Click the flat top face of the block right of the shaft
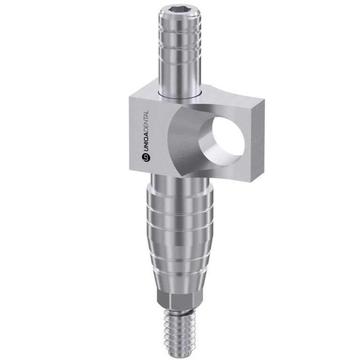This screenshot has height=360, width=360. tap(225, 96)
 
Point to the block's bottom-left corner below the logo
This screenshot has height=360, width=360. tap(129, 169)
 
